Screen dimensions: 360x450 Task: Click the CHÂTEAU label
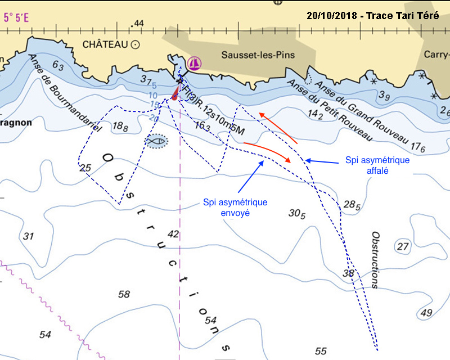105,44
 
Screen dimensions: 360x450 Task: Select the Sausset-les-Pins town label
258,55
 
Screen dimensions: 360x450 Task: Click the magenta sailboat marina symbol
195,62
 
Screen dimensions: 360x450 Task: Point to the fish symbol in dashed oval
156,142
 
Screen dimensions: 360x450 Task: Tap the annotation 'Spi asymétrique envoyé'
235,208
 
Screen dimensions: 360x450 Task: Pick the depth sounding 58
124,294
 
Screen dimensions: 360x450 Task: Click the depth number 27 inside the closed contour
402,246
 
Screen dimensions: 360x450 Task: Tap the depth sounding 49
426,313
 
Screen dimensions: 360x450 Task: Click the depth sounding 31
29,236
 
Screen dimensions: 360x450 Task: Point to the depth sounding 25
85,168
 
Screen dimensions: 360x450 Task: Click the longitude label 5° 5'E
16,17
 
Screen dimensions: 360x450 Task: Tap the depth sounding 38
349,273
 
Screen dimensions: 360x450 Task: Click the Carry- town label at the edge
436,55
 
